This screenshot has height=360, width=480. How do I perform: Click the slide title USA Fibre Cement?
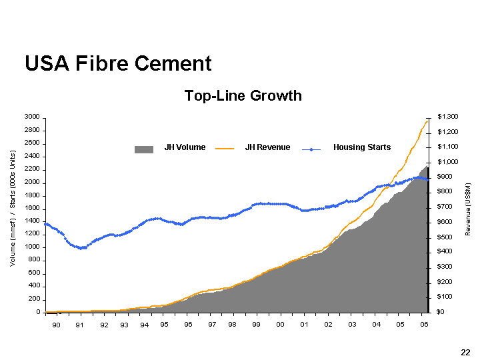[x=118, y=63]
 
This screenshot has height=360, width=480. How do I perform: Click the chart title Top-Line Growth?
[x=243, y=96]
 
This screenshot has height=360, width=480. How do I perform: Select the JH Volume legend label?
[x=185, y=147]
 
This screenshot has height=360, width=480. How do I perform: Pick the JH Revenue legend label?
[x=267, y=147]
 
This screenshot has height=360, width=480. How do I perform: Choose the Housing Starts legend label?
[x=362, y=147]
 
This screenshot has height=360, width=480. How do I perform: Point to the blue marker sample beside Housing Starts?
[x=311, y=148]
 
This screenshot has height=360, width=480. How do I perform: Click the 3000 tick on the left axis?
[x=32, y=117]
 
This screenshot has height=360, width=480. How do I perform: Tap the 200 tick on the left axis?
[x=34, y=299]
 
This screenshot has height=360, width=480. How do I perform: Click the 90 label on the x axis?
[x=56, y=325]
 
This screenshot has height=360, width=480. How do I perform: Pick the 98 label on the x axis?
[x=232, y=325]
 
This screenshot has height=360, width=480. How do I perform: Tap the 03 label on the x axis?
[x=352, y=325]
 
